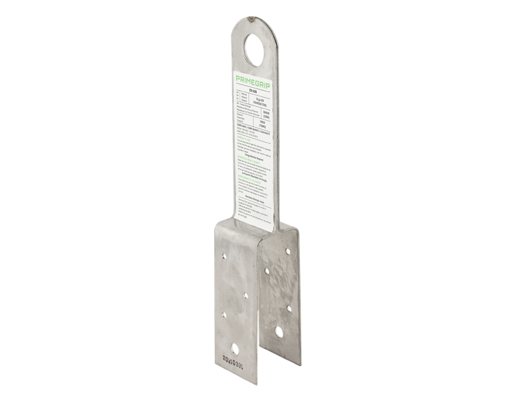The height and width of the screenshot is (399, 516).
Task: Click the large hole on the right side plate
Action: tap(279, 333)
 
